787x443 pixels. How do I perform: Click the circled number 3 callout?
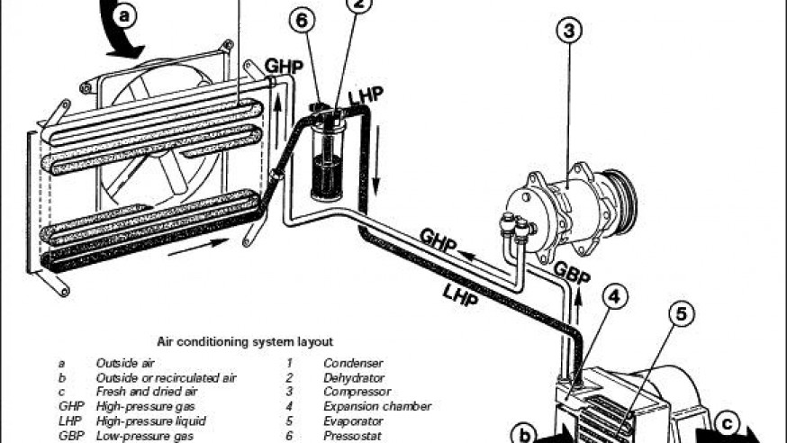569,32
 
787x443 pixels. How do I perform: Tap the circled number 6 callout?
303,20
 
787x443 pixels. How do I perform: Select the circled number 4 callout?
615,297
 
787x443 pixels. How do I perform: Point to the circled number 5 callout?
681,314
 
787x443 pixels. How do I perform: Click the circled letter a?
124,15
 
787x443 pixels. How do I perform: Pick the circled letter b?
524,435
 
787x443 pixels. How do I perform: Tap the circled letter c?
728,424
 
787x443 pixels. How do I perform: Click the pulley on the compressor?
620,196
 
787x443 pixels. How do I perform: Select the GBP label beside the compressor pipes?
571,274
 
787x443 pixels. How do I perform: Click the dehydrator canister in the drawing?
327,160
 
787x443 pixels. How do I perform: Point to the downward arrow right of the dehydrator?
375,159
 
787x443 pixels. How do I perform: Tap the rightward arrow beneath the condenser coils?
198,247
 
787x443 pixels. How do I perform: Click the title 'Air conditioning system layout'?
245,342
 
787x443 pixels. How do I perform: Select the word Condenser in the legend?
353,363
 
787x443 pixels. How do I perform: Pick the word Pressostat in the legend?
352,436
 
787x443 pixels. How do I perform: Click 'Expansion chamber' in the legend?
377,406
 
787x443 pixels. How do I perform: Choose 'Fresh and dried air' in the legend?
147,392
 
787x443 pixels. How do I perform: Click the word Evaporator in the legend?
353,420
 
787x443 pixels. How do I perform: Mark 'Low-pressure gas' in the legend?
145,436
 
